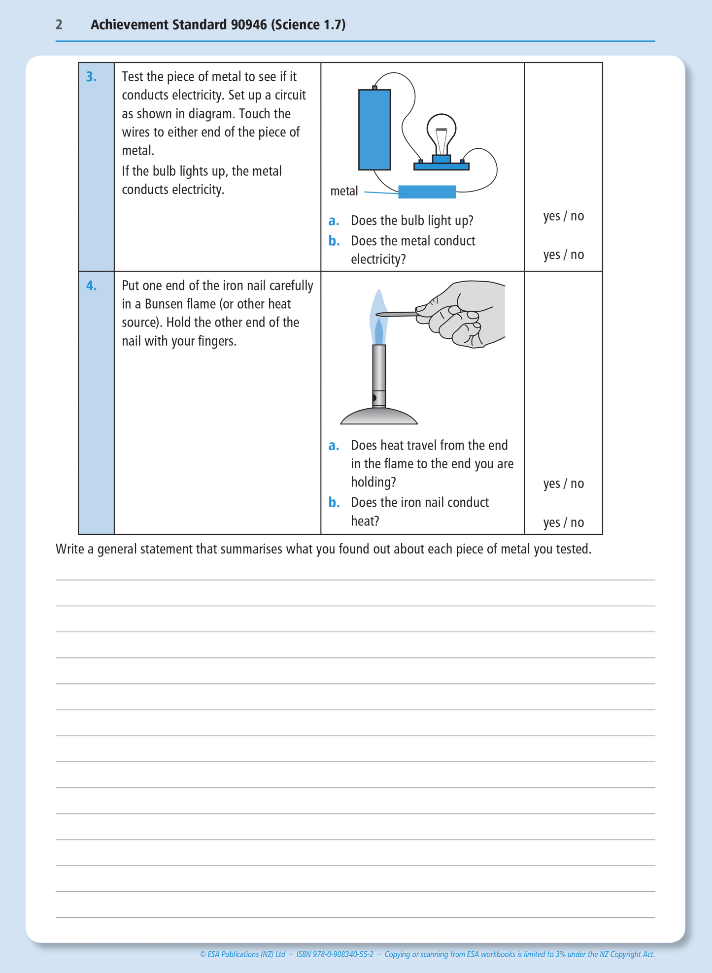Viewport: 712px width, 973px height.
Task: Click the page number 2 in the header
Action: [x=59, y=25]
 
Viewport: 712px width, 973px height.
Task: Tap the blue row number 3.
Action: [x=92, y=77]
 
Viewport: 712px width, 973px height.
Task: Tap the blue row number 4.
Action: [x=92, y=286]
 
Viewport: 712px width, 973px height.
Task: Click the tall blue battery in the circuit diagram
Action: [x=374, y=130]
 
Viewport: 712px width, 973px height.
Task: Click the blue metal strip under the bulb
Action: [x=427, y=192]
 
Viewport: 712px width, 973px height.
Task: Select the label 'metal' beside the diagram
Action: [x=344, y=191]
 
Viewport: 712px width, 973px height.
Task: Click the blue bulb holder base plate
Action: [x=441, y=166]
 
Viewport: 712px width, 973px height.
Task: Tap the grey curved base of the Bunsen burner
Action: [x=379, y=417]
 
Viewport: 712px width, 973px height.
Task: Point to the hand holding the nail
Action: [x=468, y=315]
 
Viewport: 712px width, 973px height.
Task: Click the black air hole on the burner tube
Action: [x=374, y=398]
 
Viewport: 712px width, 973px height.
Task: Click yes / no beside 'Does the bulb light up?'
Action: [x=563, y=216]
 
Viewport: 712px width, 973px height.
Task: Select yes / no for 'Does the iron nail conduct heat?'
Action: [x=563, y=522]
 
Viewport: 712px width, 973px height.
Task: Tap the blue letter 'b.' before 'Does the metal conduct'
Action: [x=334, y=241]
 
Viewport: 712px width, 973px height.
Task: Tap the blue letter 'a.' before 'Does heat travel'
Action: [x=334, y=446]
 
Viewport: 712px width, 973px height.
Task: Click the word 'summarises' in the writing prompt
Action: [x=251, y=549]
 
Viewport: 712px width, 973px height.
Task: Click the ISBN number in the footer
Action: [x=335, y=954]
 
